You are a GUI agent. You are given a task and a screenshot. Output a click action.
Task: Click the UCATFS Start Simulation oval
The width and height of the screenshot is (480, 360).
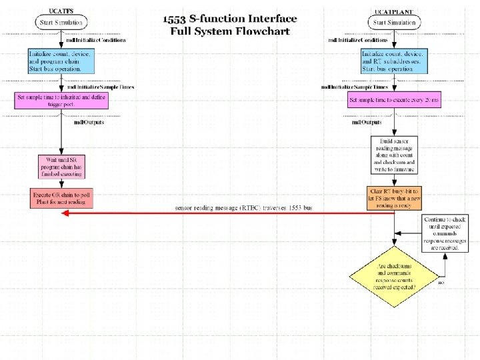click(x=61, y=22)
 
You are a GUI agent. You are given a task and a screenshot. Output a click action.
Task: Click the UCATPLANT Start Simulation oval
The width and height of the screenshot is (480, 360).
click(x=394, y=22)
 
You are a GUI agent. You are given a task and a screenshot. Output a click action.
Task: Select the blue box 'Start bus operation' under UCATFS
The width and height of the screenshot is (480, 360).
click(x=61, y=60)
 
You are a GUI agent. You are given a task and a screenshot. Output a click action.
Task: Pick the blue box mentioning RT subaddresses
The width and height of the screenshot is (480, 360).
click(x=394, y=61)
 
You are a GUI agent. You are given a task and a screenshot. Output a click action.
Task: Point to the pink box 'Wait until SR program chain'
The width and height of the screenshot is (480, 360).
click(x=61, y=166)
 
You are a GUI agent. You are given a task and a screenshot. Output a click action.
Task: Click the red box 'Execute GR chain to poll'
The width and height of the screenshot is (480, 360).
click(x=61, y=198)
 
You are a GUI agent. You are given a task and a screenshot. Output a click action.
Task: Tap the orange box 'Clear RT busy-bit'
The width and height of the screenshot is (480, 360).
click(x=395, y=198)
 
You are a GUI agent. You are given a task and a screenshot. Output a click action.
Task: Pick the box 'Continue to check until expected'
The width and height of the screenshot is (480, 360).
click(x=446, y=233)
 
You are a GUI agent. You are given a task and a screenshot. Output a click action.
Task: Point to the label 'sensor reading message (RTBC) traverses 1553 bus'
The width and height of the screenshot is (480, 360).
click(x=243, y=208)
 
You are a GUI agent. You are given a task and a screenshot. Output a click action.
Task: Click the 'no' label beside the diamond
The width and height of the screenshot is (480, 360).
click(x=441, y=283)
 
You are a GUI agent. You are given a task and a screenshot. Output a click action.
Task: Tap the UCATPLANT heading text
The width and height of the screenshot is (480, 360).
click(x=394, y=11)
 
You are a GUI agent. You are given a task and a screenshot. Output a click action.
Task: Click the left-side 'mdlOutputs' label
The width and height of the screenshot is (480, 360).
click(x=88, y=121)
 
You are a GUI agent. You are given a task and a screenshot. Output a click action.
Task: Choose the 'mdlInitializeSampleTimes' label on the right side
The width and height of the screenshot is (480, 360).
click(x=354, y=87)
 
